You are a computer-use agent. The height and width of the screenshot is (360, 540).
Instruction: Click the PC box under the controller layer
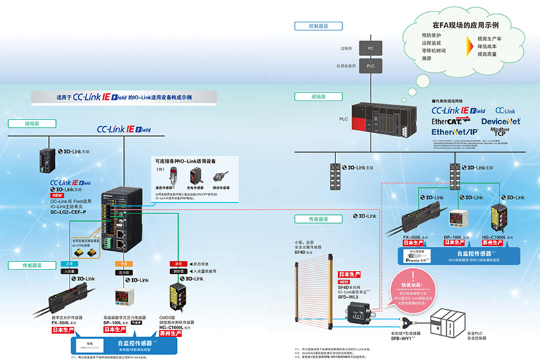370,49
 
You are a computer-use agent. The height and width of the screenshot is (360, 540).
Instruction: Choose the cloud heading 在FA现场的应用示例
461,24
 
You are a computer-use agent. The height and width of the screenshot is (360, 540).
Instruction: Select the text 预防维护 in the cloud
431,34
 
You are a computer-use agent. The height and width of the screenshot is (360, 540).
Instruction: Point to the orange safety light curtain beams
315,297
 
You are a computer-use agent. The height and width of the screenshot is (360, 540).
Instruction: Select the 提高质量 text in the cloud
488,53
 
